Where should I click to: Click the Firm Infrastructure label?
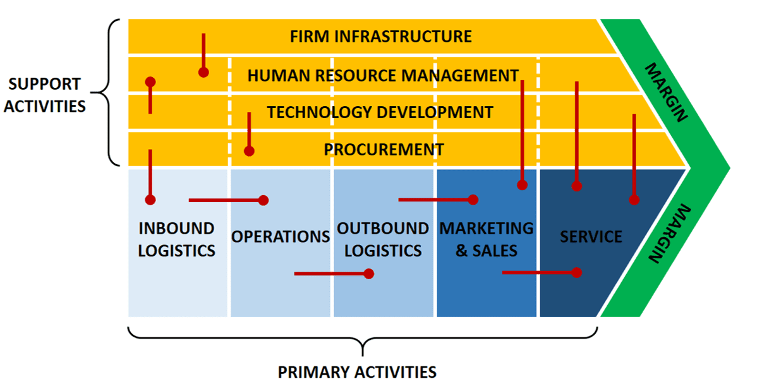coord(380,37)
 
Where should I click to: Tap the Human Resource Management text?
coord(383,76)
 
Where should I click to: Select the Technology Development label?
coord(380,113)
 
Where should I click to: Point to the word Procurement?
coord(384,150)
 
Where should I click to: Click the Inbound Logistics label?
coord(176,239)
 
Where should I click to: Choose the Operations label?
coord(281,237)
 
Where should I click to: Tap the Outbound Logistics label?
coord(383,239)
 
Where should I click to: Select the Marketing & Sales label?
coord(486,239)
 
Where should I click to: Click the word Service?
coord(591,237)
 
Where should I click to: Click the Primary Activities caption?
coord(357,372)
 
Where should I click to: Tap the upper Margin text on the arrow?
coord(666,92)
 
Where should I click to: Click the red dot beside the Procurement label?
coord(249,152)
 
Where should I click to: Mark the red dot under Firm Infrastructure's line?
coord(203,73)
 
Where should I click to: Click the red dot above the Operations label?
coord(263,200)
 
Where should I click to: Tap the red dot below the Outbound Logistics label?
coord(369,274)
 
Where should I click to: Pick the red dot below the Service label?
coord(576,272)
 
